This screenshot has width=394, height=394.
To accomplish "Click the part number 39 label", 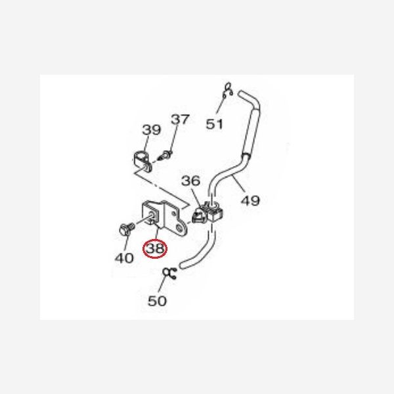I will click(152, 130).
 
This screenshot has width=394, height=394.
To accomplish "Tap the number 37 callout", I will click(180, 120).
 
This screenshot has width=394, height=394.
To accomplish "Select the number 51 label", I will click(215, 123).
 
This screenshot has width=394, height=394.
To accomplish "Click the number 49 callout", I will click(250, 200).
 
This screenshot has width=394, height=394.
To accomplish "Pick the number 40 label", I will click(124, 258).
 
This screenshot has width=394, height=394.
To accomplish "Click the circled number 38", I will click(156, 249).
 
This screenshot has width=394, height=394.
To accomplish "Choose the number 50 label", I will click(157, 301).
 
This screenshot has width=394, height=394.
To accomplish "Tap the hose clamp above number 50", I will click(170, 274).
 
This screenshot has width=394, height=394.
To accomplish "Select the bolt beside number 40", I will click(124, 230).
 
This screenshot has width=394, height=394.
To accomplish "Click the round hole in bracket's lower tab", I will click(177, 228).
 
